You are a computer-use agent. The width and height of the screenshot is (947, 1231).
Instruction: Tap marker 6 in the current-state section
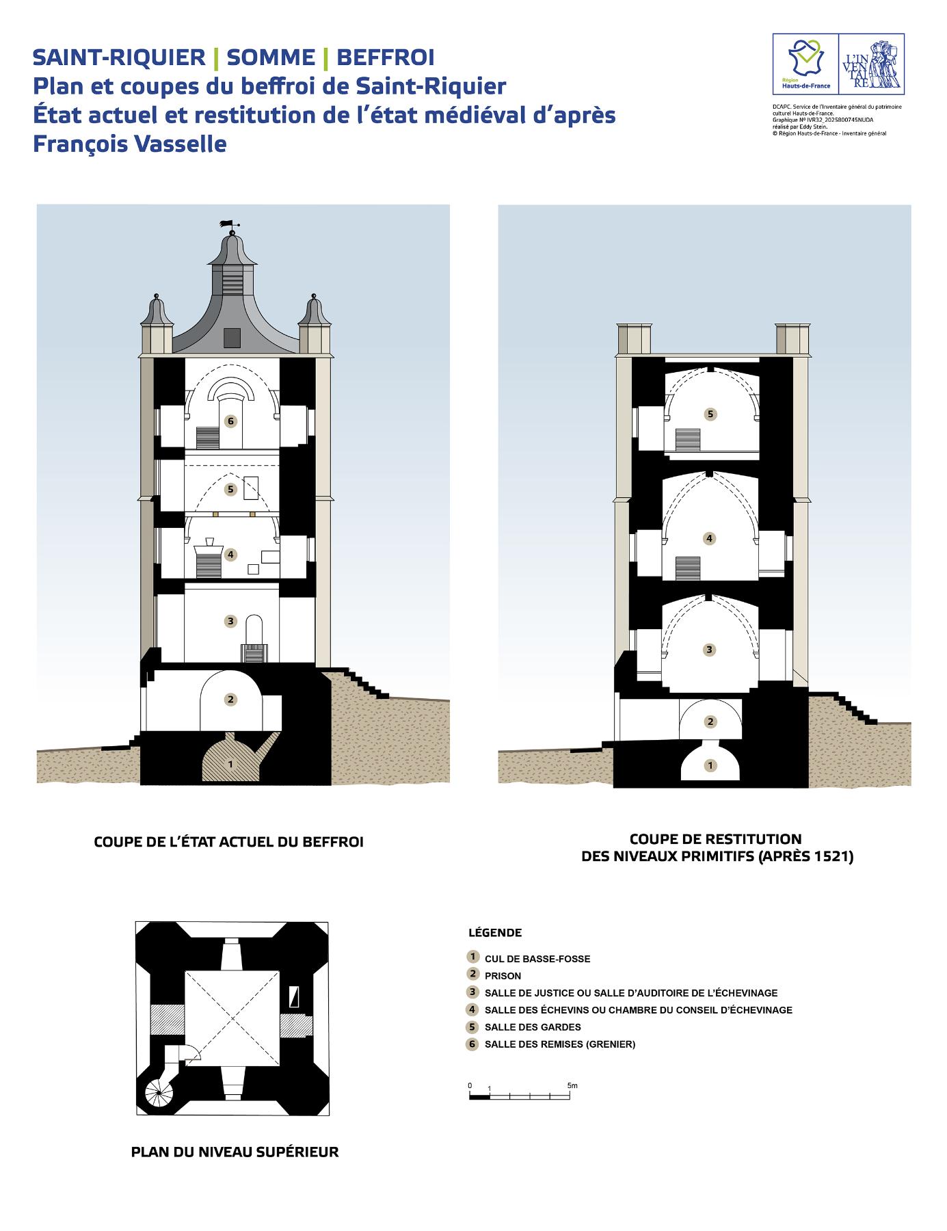tap(231, 421)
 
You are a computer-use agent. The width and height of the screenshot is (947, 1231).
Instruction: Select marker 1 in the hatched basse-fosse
tap(230, 763)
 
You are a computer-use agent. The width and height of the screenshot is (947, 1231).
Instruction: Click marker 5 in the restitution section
tap(710, 414)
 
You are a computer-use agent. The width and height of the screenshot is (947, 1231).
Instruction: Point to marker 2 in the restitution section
tap(710, 722)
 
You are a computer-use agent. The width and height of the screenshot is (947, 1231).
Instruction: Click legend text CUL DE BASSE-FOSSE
tap(537, 959)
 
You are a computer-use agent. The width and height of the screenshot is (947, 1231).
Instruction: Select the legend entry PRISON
tap(503, 976)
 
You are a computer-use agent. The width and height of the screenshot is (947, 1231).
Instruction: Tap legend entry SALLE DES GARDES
tap(533, 1027)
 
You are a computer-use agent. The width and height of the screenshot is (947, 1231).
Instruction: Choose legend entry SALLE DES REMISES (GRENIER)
tap(559, 1044)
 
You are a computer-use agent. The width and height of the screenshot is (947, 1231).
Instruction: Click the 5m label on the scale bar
tap(572, 1085)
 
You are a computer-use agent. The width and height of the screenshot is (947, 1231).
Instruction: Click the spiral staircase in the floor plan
tap(159, 1094)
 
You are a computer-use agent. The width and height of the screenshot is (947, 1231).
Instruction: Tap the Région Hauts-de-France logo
tap(805, 64)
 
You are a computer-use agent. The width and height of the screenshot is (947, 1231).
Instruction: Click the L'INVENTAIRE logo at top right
tap(871, 64)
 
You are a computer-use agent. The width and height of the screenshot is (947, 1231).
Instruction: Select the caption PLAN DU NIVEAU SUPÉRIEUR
tap(235, 1152)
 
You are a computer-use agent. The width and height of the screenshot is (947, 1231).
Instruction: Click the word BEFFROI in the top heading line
tap(385, 57)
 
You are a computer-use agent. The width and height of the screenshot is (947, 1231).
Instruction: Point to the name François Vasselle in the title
tap(130, 144)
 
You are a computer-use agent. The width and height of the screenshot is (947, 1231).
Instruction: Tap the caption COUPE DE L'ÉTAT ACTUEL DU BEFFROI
tap(228, 843)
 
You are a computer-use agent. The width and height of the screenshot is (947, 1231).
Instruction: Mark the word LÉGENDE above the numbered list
tap(495, 933)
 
